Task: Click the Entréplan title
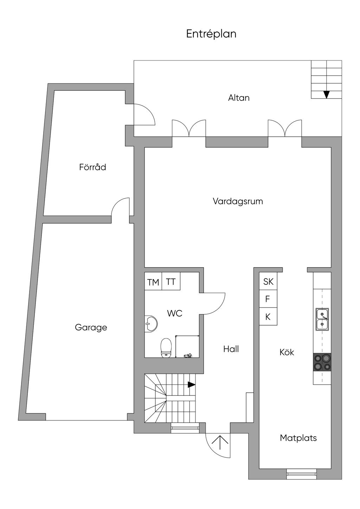click(211, 34)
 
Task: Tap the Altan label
click(239, 98)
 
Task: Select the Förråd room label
click(92, 167)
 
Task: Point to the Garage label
click(91, 328)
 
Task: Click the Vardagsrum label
click(238, 201)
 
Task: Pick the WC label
click(174, 313)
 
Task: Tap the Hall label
click(231, 349)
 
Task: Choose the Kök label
click(287, 352)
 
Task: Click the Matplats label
click(298, 438)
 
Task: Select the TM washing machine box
click(153, 281)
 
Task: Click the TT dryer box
click(171, 281)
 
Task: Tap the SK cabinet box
click(268, 281)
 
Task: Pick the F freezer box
click(268, 299)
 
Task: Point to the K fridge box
click(268, 316)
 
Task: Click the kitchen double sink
click(322, 319)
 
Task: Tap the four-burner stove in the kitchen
click(322, 362)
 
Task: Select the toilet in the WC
click(166, 348)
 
